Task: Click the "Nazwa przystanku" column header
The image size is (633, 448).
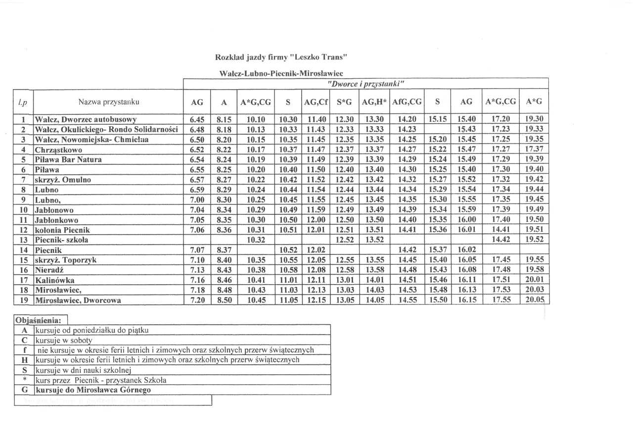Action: [109, 102]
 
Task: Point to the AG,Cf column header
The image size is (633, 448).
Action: [316, 102]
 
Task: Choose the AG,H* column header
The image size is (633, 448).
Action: [374, 102]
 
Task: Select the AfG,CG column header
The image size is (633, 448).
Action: [407, 102]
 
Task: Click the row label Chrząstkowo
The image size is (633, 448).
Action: [58, 149]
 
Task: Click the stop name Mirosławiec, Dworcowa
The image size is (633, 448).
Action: [78, 300]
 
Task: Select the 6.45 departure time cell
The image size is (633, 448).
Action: [197, 119]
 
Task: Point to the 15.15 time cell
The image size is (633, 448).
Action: [437, 119]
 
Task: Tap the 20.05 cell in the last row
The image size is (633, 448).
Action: [534, 300]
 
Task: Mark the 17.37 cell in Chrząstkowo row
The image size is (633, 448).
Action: [534, 149]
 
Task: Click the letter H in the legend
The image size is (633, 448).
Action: [24, 360]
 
